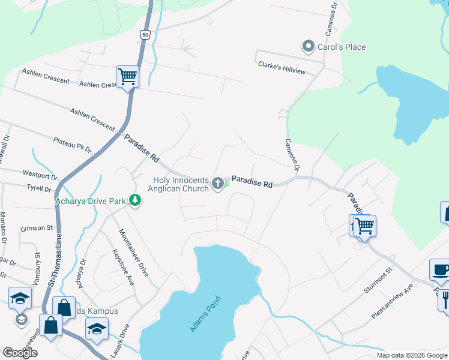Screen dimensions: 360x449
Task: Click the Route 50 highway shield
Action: [145, 35]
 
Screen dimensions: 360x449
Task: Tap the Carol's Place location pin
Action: [309, 46]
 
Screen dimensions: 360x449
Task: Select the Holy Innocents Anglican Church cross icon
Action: [218, 182]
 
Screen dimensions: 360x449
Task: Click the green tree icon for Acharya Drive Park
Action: [136, 200]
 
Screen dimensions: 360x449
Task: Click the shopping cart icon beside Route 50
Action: [127, 77]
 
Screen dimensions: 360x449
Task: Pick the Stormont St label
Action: [378, 281]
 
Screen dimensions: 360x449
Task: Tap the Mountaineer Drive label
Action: [133, 252]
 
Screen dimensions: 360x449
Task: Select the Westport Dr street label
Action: [40, 175]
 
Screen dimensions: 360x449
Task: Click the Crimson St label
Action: [37, 228]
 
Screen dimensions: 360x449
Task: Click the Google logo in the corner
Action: [20, 353]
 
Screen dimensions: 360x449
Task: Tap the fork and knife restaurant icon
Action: [445, 298]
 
